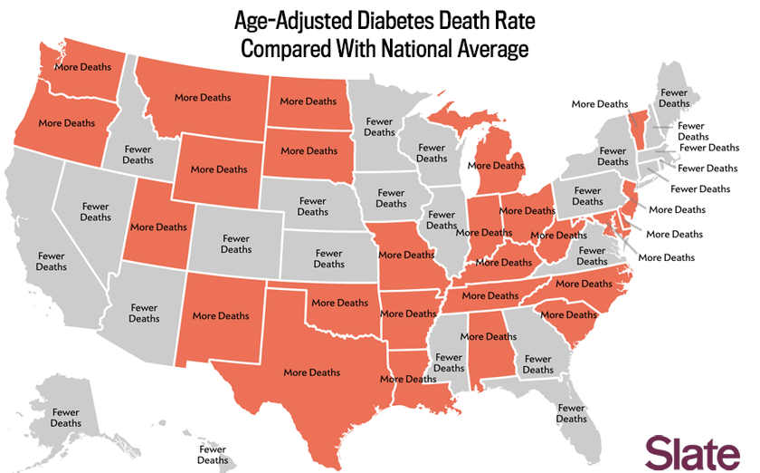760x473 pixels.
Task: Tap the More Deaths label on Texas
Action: pyautogui.click(x=312, y=372)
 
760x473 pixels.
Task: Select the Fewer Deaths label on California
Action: pyautogui.click(x=52, y=261)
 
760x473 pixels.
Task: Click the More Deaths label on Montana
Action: pyautogui.click(x=203, y=97)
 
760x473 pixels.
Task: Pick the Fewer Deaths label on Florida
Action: pyautogui.click(x=572, y=413)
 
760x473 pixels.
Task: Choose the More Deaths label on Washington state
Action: pyautogui.click(x=83, y=67)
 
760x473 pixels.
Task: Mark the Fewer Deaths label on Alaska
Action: pyautogui.click(x=66, y=418)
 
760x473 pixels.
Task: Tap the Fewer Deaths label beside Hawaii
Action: pyautogui.click(x=214, y=454)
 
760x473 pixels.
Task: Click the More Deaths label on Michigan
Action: pyautogui.click(x=496, y=166)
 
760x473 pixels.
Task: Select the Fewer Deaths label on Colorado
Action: pyautogui.click(x=236, y=244)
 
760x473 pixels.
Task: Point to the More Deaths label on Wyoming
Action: pyautogui.click(x=219, y=169)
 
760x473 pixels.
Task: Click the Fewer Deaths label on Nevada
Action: pyautogui.click(x=96, y=211)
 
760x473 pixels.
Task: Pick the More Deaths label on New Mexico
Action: pyautogui.click(x=221, y=316)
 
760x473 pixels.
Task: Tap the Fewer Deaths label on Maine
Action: pyautogui.click(x=674, y=98)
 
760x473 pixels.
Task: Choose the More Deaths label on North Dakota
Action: pyautogui.click(x=309, y=101)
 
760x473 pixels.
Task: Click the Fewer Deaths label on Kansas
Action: pyautogui.click(x=329, y=258)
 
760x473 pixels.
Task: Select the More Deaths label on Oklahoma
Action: pyautogui.click(x=340, y=303)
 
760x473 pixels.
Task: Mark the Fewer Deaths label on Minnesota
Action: pyautogui.click(x=380, y=127)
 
